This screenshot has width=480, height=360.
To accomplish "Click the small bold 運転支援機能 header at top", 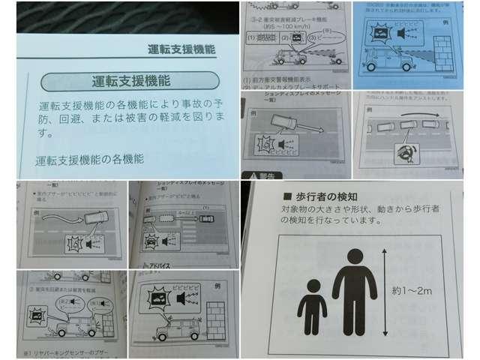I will click(x=177, y=49).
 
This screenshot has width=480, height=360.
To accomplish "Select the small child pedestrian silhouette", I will click(x=312, y=307).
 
